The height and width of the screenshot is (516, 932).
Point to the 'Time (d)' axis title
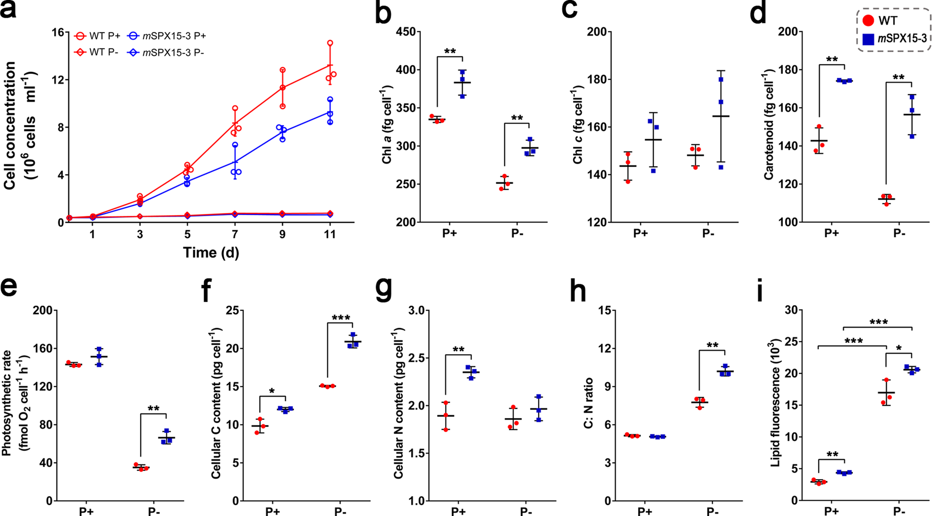(211, 252)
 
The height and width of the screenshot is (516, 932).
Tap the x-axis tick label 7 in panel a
(235, 234)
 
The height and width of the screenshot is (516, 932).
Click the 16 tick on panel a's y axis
(58, 32)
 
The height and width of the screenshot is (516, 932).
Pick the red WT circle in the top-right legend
(868, 21)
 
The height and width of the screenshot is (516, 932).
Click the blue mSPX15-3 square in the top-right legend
(868, 39)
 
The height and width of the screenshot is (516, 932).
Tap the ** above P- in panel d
(898, 77)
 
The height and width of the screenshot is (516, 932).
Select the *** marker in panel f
(341, 319)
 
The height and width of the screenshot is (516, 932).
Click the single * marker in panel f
(272, 391)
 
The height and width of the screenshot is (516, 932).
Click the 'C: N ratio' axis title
(589, 404)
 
